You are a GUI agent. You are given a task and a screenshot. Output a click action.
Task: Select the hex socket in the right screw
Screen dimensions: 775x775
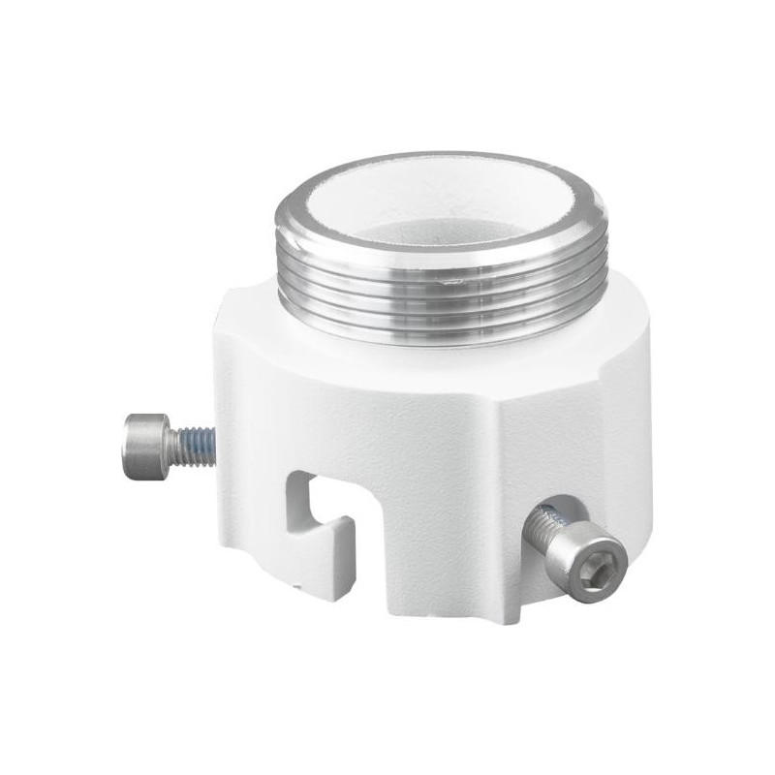click(x=593, y=571)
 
